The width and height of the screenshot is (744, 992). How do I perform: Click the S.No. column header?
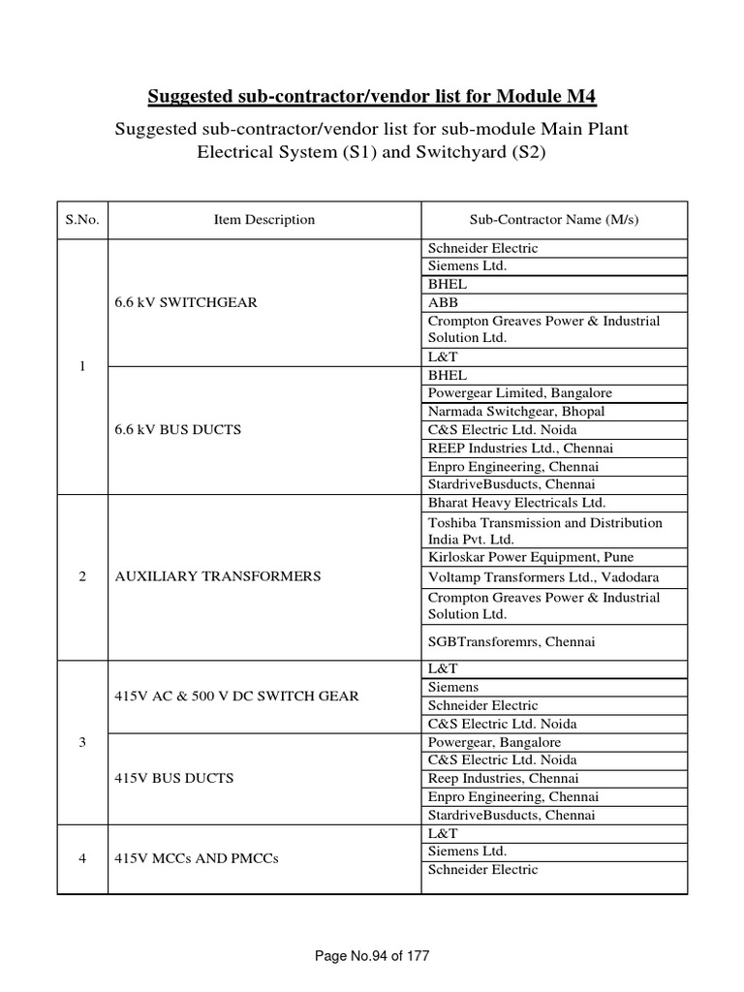click(x=83, y=220)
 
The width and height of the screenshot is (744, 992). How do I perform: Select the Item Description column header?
click(x=263, y=220)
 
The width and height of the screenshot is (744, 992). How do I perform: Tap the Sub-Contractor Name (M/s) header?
click(x=555, y=220)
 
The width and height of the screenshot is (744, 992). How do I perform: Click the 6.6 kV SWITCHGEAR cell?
click(x=185, y=302)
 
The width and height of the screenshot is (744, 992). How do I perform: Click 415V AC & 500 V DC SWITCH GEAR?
click(x=236, y=697)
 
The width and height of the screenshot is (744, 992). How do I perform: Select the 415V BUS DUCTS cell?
click(x=173, y=778)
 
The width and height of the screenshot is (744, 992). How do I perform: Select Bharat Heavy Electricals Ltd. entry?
click(x=516, y=503)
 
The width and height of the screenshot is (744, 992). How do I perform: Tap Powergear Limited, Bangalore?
click(x=519, y=393)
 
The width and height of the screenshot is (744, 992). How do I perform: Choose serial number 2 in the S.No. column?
click(x=83, y=576)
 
